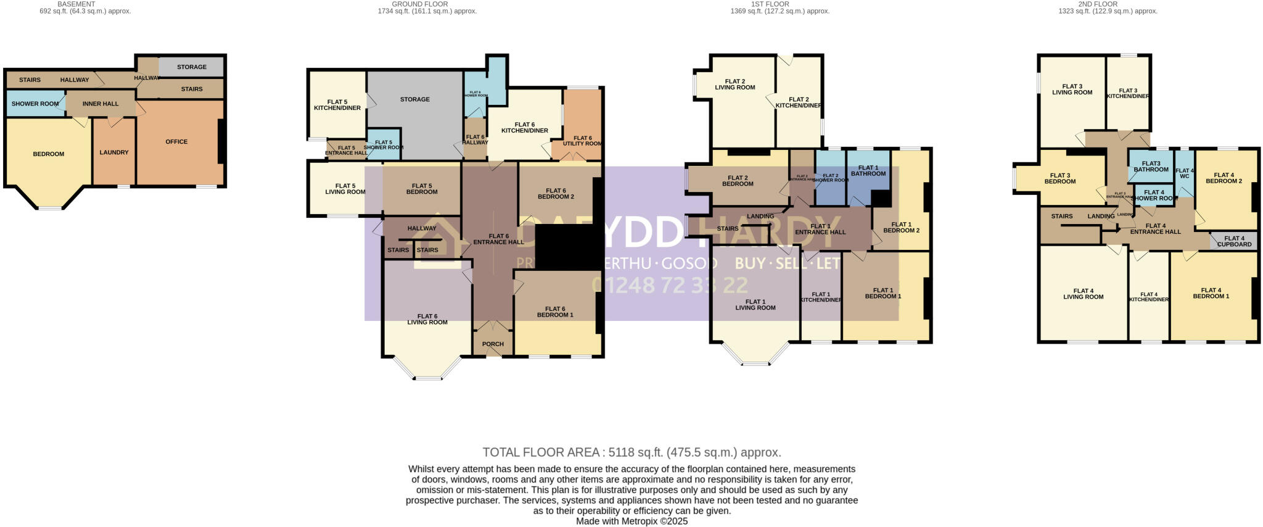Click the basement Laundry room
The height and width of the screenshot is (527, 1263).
pyautogui.click(x=114, y=152)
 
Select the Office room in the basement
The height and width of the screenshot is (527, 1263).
pyautogui.click(x=176, y=142)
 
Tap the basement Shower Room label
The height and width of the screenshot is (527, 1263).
pyautogui.click(x=35, y=104)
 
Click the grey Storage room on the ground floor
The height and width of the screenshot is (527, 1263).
pyautogui.click(x=414, y=99)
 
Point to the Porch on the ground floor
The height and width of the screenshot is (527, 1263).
pyautogui.click(x=493, y=344)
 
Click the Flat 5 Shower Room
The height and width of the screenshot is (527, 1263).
pyautogui.click(x=384, y=145)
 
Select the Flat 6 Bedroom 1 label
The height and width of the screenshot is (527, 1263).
pyautogui.click(x=555, y=312)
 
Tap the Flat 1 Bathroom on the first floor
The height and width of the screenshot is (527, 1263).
pyautogui.click(x=868, y=170)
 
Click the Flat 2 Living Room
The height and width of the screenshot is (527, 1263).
pyautogui.click(x=734, y=84)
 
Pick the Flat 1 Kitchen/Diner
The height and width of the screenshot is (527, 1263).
pyautogui.click(x=821, y=297)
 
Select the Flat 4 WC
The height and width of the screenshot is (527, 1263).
pyautogui.click(x=1184, y=173)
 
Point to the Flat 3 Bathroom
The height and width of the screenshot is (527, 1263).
pyautogui.click(x=1151, y=166)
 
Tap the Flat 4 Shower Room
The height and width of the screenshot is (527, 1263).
pyautogui.click(x=1154, y=195)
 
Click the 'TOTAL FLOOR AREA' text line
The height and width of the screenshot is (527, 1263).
pyautogui.click(x=631, y=452)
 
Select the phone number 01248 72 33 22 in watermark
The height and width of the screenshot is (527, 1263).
pyautogui.click(x=669, y=284)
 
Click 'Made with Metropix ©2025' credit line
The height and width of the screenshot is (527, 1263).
pyautogui.click(x=631, y=521)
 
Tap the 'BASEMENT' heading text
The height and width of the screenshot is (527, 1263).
pyautogui.click(x=76, y=4)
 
